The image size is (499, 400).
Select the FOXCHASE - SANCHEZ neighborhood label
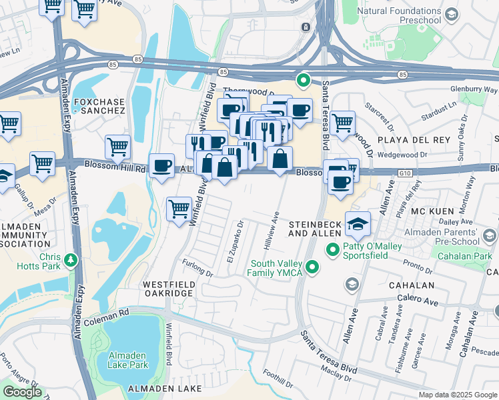[99, 105]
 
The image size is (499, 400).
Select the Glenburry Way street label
[474, 89]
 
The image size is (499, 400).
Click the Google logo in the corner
[22, 392]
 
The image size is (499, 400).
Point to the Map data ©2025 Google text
[457, 395]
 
